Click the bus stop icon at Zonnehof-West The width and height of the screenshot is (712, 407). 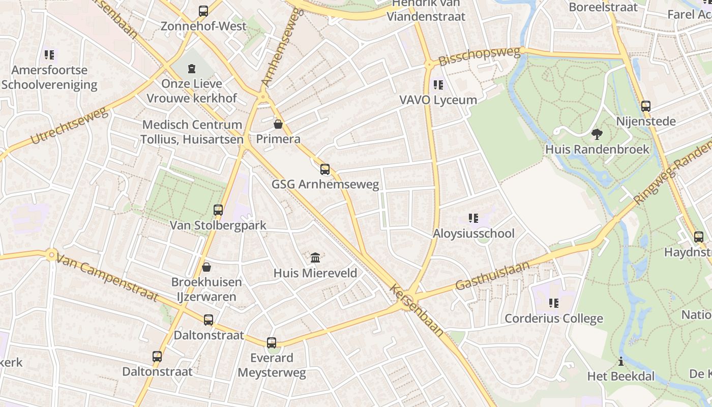(203, 11)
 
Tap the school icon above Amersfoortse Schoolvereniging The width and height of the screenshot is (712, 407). (49, 54)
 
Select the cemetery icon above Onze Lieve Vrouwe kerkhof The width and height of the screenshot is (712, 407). (192, 68)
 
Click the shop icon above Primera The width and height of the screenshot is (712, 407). (278, 124)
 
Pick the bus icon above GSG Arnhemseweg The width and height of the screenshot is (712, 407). (324, 169)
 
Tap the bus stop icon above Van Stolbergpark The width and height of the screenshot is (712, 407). (218, 210)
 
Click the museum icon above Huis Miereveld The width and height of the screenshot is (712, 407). (315, 258)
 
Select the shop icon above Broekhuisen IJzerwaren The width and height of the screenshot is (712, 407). (206, 267)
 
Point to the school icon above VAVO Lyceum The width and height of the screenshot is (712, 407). (438, 85)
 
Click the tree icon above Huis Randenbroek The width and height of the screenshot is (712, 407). (597, 134)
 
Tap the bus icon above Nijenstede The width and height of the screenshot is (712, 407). (646, 106)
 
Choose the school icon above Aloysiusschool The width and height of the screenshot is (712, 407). (473, 219)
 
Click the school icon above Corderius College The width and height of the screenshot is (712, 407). (553, 304)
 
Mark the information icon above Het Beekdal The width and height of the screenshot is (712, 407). (620, 362)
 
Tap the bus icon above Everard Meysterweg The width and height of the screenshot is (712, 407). (272, 343)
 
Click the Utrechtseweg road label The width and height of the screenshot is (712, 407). (70, 125)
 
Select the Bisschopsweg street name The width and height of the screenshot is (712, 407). (480, 56)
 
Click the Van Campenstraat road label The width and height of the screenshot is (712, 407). (107, 278)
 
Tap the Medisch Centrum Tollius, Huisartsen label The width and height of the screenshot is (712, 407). (192, 132)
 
